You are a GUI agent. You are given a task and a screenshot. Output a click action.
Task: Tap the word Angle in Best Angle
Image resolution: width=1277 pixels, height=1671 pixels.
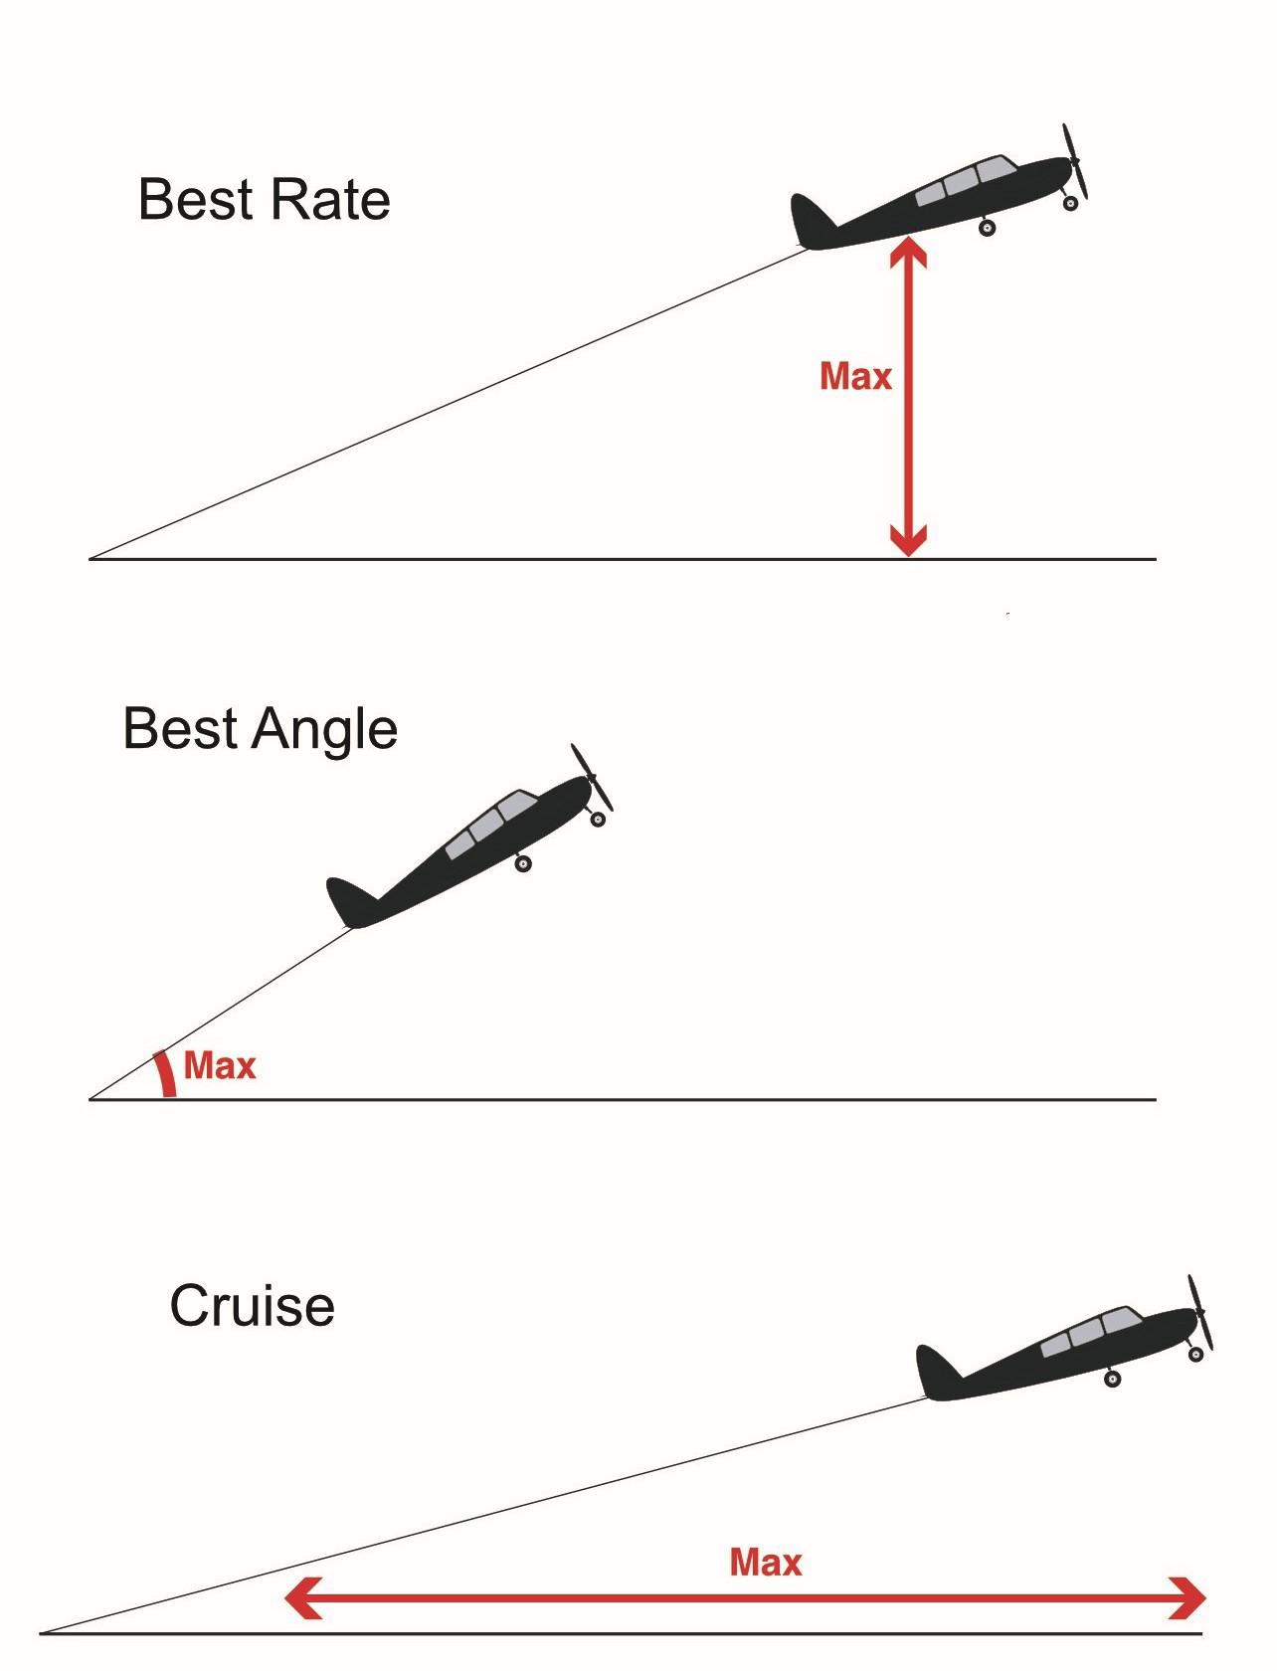[325, 730]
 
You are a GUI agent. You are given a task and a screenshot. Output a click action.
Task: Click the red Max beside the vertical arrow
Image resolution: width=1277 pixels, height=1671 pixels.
[855, 376]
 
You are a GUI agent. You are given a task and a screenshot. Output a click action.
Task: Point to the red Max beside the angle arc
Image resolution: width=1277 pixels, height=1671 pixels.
[220, 1066]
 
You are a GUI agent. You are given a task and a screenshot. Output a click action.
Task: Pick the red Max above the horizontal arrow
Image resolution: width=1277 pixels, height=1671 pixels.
[765, 1562]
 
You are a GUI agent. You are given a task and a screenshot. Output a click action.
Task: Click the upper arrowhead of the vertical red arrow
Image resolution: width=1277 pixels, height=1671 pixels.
[908, 253]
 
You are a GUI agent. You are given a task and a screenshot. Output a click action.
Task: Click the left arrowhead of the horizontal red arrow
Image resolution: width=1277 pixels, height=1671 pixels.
[301, 1598]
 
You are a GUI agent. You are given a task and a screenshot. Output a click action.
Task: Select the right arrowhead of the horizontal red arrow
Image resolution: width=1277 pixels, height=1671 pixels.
[1188, 1598]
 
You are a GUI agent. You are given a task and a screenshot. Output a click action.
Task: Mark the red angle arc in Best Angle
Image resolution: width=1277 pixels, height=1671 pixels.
[165, 1074]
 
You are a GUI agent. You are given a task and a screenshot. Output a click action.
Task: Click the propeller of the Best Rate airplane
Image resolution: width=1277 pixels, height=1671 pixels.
[1075, 160]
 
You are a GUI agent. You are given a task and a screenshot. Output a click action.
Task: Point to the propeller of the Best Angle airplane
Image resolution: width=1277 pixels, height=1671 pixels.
[592, 777]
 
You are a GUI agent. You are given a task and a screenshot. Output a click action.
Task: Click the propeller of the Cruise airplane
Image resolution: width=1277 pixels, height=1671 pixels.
[1200, 1313]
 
